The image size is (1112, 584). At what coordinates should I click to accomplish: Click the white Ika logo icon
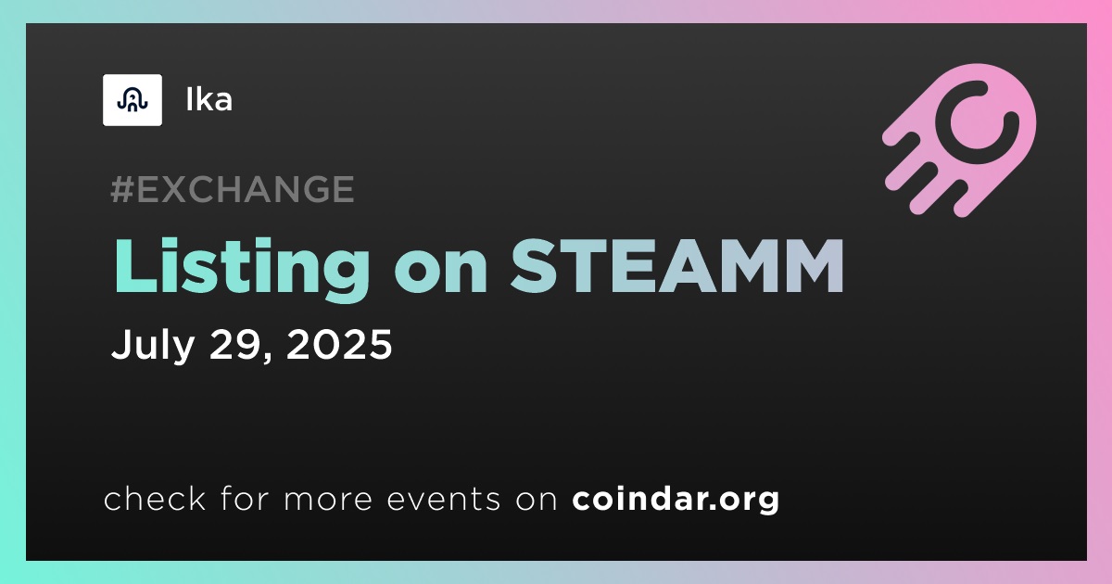(132, 100)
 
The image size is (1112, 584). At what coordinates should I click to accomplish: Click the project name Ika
(209, 100)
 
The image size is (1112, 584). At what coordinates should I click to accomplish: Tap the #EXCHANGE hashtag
(233, 189)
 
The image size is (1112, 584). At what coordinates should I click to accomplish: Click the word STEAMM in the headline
(677, 266)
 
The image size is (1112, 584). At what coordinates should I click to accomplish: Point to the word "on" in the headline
(440, 274)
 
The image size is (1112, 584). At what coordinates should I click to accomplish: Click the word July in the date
(153, 345)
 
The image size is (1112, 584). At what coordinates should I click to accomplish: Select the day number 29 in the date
(234, 344)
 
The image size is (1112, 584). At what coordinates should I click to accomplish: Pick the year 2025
(339, 344)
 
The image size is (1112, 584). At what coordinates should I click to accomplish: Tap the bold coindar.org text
(676, 499)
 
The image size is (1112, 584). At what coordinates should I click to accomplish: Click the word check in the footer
(155, 498)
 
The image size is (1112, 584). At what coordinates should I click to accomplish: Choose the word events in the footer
(443, 499)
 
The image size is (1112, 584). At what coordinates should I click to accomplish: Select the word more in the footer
(328, 501)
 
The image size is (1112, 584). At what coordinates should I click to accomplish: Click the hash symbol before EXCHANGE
(122, 189)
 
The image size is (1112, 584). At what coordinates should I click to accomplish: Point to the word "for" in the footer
(245, 498)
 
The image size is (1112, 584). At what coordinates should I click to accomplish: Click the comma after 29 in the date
(266, 356)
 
